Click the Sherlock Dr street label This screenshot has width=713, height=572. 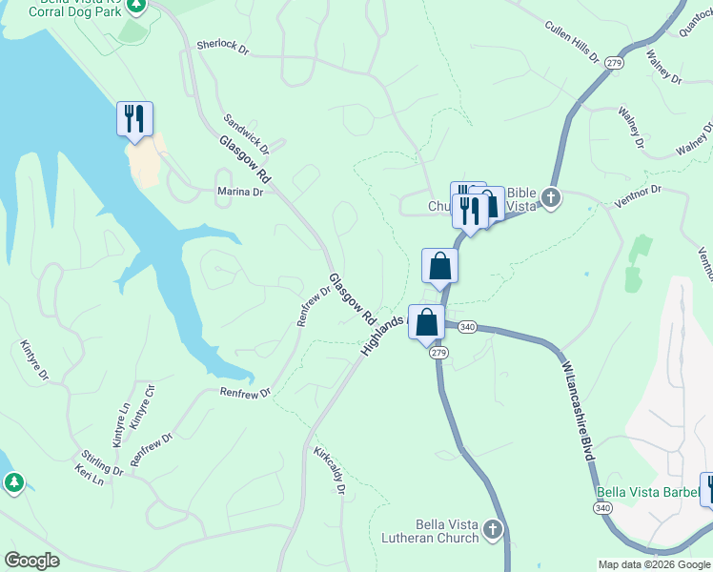222,46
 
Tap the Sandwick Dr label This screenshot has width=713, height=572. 246,134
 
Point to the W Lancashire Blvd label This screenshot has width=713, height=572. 579,412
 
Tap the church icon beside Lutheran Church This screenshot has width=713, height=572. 493,529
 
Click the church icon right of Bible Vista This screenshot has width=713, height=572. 550,198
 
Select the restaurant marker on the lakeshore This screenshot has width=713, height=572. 134,119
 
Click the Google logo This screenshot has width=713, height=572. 31,561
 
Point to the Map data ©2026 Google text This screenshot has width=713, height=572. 655,564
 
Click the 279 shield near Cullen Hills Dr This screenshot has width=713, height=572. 614,62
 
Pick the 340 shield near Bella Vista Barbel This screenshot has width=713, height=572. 602,508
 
